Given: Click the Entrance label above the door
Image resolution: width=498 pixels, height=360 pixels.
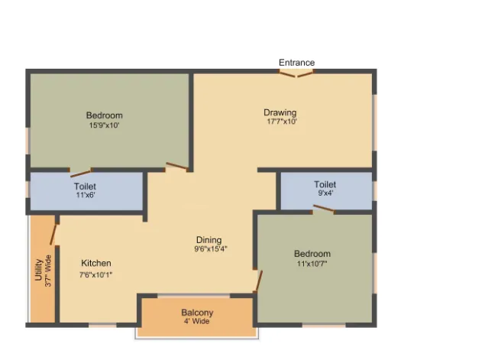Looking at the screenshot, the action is [x=296, y=62].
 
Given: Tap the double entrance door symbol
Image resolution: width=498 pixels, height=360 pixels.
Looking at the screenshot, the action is [x=296, y=74].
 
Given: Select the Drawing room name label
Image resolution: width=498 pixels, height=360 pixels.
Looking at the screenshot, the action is [x=280, y=112].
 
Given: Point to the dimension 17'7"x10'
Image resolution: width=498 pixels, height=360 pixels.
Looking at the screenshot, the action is [x=282, y=122].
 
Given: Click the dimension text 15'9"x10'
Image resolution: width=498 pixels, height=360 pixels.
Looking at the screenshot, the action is [x=104, y=125].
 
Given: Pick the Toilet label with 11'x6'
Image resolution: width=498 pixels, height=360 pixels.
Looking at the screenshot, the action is [x=85, y=186].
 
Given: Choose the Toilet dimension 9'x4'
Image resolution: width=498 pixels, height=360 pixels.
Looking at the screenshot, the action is [x=325, y=193].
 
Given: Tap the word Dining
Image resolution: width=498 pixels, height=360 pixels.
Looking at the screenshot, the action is [x=209, y=240].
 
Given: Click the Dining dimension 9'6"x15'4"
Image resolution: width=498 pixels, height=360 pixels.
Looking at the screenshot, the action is [x=211, y=249].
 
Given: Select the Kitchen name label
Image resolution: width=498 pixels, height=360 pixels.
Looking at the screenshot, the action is [x=96, y=263].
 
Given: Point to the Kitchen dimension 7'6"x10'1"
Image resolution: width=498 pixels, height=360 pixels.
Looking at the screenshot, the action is [x=96, y=275].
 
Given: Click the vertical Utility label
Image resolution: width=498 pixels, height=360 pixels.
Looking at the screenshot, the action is [x=39, y=270].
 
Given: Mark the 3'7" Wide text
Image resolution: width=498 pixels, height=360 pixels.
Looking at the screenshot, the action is [x=48, y=271].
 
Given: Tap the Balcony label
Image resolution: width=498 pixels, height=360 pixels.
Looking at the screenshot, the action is [x=197, y=313].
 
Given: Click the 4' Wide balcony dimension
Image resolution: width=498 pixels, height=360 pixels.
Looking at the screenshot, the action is [x=196, y=321].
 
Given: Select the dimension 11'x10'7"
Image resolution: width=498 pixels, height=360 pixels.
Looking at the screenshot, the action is [x=312, y=264].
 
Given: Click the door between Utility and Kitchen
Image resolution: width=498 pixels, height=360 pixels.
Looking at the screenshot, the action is [x=53, y=235].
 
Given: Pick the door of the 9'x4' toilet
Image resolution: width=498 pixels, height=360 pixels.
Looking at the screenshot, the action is [x=324, y=208].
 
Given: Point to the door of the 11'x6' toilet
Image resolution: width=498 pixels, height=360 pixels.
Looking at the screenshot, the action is [x=81, y=174].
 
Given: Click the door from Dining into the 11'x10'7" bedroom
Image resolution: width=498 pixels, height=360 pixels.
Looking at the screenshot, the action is [x=259, y=281].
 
